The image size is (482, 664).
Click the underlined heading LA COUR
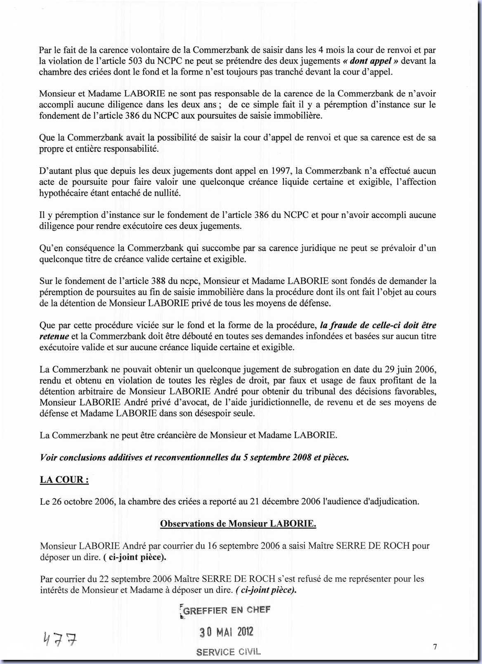click(x=64, y=480)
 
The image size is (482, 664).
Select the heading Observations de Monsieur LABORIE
click(x=238, y=524)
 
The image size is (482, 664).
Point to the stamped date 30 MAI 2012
click(x=227, y=632)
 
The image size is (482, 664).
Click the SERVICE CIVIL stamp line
click(x=228, y=652)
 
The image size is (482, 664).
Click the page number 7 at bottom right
click(x=435, y=647)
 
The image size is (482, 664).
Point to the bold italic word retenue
click(x=54, y=337)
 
